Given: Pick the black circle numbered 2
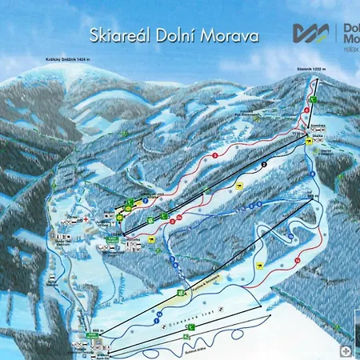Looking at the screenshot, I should tap(263, 165).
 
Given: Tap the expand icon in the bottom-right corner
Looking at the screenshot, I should tap(346, 350).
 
